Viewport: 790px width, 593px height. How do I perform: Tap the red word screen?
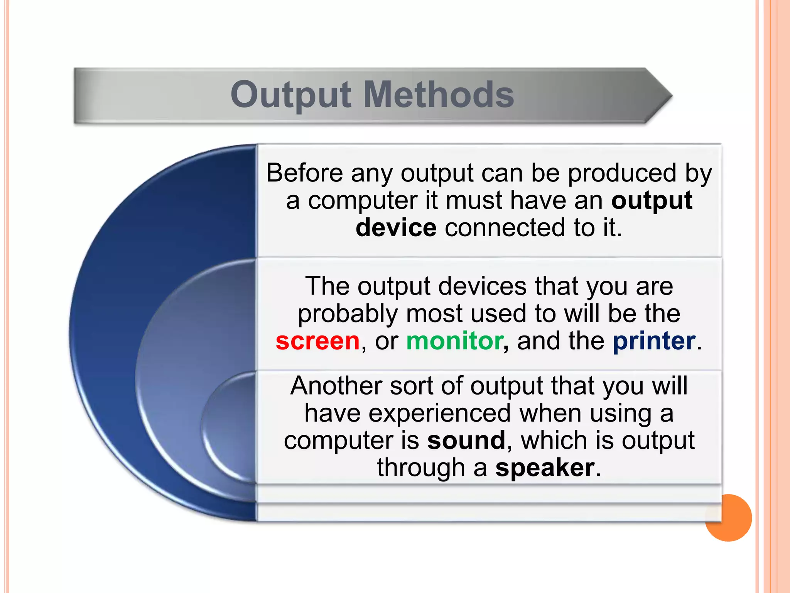317,341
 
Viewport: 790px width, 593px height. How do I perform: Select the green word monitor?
454,341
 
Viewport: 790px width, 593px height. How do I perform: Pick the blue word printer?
654,341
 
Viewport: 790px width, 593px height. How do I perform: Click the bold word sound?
466,440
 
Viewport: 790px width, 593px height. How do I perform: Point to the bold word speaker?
545,468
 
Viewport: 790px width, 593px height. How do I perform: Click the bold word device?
396,227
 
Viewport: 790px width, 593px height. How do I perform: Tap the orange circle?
729,518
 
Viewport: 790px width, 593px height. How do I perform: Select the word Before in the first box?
304,173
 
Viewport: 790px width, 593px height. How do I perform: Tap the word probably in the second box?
348,313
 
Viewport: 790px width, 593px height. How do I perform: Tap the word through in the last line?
421,468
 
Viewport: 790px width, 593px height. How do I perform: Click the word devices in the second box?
482,286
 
